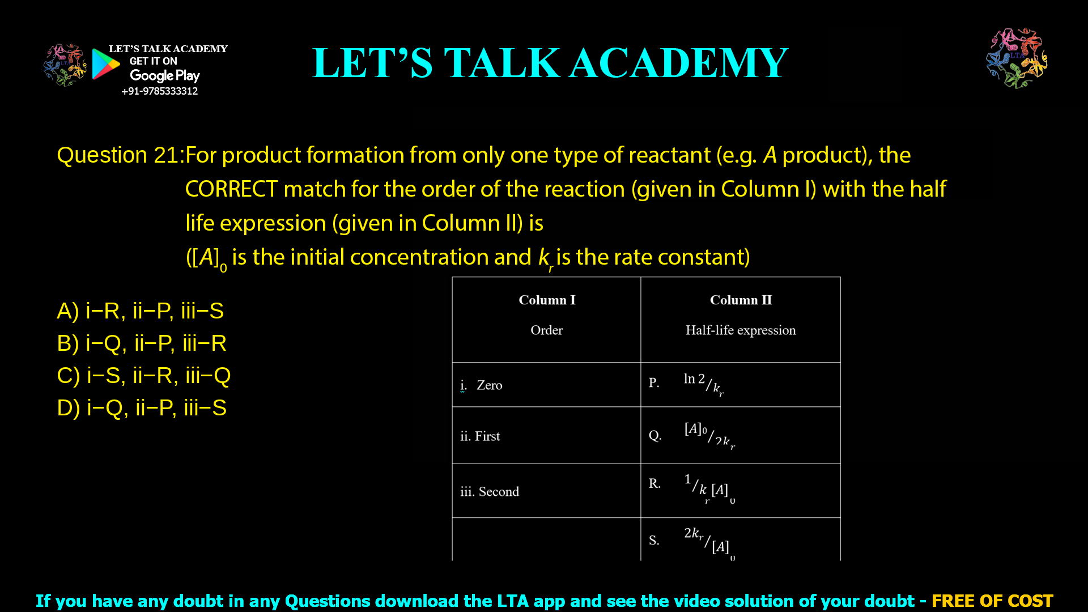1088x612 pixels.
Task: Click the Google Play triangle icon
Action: pyautogui.click(x=105, y=63)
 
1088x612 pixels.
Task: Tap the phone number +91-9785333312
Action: pyautogui.click(x=159, y=91)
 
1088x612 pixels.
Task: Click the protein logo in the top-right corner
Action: pyautogui.click(x=1017, y=58)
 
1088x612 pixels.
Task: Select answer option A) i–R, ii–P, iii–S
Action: pyautogui.click(x=141, y=311)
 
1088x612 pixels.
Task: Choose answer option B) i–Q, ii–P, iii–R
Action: pyautogui.click(x=142, y=343)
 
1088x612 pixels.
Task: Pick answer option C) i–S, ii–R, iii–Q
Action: pyautogui.click(x=144, y=376)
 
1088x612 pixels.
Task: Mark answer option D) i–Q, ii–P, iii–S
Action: pyautogui.click(x=142, y=408)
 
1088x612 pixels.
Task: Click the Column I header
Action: pyautogui.click(x=547, y=300)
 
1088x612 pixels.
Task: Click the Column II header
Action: pyautogui.click(x=741, y=300)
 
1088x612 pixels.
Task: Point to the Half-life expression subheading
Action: pyautogui.click(x=741, y=330)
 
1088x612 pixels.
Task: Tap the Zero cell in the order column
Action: pyautogui.click(x=489, y=385)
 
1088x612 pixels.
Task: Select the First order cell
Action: pyautogui.click(x=480, y=436)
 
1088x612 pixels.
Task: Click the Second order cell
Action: pyautogui.click(x=490, y=492)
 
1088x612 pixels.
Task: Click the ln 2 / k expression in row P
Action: pyautogui.click(x=703, y=384)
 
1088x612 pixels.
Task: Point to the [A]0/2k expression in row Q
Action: pyautogui.click(x=709, y=435)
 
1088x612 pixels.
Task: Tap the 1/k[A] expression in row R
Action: pyautogui.click(x=709, y=488)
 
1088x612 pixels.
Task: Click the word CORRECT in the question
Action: pyautogui.click(x=231, y=189)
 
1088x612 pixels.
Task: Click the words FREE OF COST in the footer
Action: pyautogui.click(x=992, y=601)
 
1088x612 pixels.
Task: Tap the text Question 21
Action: pyautogui.click(x=118, y=155)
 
